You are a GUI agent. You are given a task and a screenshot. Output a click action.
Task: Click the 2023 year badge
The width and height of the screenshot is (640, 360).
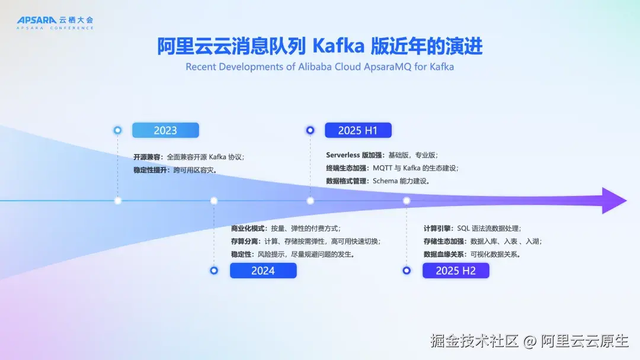165,130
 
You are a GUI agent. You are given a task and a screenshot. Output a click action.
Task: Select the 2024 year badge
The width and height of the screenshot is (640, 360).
263,271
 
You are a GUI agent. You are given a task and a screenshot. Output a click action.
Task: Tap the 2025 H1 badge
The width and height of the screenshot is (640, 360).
358,130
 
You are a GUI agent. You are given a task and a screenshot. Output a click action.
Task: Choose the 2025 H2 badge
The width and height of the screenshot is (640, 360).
456,271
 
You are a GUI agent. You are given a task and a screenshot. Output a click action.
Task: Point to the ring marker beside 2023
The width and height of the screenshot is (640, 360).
117,130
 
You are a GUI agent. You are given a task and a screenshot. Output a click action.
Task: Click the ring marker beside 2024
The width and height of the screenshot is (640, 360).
214,271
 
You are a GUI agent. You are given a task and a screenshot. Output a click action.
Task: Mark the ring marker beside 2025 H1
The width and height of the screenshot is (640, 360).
310,130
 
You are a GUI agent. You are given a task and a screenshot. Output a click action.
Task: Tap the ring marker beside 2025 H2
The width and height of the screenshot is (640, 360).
407,271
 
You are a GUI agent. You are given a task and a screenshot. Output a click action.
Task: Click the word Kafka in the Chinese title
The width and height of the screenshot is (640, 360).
338,46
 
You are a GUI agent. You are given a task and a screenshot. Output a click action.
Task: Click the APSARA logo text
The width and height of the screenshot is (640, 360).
36,20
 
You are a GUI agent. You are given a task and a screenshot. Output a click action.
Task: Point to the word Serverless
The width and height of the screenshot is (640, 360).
343,155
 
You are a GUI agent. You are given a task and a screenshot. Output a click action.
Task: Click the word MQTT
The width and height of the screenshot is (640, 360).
382,168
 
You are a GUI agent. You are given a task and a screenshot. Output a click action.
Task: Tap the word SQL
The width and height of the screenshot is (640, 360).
463,229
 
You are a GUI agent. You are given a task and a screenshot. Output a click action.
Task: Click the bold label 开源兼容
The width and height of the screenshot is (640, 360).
146,157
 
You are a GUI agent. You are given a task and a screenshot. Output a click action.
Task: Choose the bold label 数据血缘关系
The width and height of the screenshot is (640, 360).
443,255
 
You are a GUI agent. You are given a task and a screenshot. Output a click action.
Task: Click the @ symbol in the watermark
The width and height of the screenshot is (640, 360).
530,341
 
